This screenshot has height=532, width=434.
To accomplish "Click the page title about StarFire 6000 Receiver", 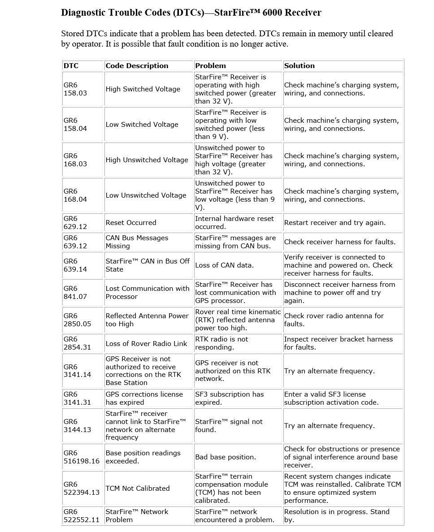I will click(191, 13).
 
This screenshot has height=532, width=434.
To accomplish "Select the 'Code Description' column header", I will click(137, 65).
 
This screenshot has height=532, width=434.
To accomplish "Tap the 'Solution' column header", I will click(299, 65).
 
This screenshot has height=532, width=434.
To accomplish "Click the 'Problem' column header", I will click(210, 65).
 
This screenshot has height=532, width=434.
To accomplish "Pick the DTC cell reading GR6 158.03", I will click(75, 89).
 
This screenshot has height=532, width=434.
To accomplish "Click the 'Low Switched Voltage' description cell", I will click(142, 125).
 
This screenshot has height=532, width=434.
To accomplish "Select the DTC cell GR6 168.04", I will click(75, 195).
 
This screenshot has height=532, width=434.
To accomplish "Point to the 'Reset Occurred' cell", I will click(131, 223).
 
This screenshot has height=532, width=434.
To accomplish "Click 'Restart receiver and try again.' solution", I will click(334, 223).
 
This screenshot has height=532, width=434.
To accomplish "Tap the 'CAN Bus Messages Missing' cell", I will click(137, 242).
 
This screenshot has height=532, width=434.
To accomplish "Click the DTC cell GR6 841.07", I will click(75, 293).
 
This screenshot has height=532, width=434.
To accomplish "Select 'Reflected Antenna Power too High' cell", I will click(147, 320).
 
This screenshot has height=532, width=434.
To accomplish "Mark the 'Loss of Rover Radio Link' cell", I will click(146, 344).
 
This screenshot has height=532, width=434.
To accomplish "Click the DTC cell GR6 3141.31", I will click(77, 398).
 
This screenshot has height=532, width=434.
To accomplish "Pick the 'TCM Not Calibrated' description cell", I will click(138, 489).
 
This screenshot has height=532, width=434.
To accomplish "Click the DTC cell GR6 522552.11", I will click(81, 516).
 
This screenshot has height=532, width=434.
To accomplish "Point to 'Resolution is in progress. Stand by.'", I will click(337, 516).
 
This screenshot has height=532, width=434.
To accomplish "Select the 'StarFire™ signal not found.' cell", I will click(229, 426).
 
